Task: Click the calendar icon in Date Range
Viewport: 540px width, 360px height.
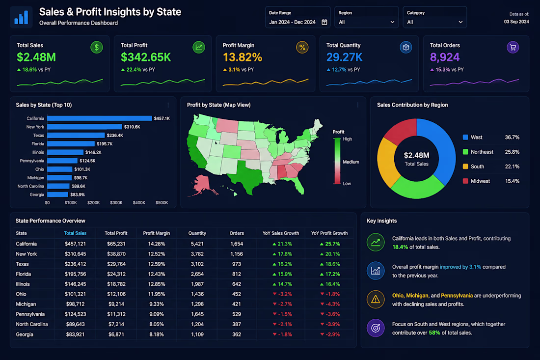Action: click(x=324, y=22)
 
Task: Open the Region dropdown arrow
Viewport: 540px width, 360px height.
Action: click(x=392, y=22)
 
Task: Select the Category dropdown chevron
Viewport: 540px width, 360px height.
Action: click(x=460, y=22)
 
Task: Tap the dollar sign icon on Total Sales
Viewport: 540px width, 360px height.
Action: click(x=97, y=47)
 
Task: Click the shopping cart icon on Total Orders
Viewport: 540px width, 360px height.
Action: click(x=513, y=47)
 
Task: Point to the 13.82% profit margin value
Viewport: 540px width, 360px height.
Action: click(x=243, y=57)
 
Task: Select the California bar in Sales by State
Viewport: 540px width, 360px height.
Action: click(x=100, y=118)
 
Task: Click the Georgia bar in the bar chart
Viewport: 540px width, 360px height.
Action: click(x=57, y=194)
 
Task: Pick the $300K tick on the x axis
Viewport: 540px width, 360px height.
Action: click(x=116, y=202)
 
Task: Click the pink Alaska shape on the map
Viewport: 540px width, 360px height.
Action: click(x=202, y=184)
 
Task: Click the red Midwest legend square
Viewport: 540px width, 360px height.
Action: click(x=465, y=181)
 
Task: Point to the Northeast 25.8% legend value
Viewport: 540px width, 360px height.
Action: click(x=512, y=152)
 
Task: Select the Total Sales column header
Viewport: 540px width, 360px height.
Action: click(x=75, y=233)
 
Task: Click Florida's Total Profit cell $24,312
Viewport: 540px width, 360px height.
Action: click(x=116, y=274)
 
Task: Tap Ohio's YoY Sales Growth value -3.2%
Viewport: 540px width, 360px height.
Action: click(x=282, y=294)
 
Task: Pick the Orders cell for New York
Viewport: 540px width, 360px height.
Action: click(x=237, y=254)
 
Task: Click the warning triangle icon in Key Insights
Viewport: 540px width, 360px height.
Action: click(x=376, y=300)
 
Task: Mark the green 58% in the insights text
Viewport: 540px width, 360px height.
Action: click(x=434, y=333)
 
